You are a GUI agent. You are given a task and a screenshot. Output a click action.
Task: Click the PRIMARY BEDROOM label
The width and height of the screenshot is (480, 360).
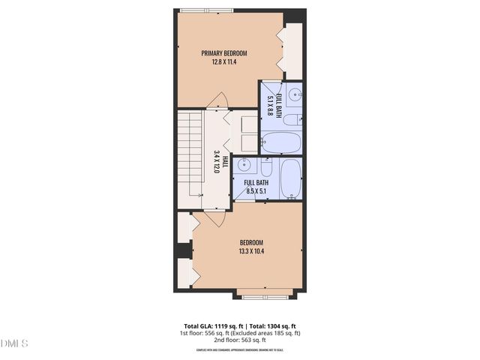(x=223, y=53)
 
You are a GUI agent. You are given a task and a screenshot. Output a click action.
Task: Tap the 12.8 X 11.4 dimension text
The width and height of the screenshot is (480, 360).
(x=223, y=63)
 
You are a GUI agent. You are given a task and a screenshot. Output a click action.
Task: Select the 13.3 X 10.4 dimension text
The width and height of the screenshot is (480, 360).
(x=251, y=251)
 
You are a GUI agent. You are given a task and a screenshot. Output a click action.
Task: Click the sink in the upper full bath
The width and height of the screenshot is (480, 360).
(x=295, y=94)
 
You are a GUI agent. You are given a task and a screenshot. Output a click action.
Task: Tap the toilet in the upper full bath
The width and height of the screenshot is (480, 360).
(x=295, y=119)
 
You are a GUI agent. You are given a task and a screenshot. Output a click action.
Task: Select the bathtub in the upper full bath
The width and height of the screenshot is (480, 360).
(x=281, y=141)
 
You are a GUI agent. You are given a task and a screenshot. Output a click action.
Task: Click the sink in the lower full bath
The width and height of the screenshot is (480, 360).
(x=244, y=167)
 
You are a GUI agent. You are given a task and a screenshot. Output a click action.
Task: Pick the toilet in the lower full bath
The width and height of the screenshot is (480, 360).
(x=266, y=166)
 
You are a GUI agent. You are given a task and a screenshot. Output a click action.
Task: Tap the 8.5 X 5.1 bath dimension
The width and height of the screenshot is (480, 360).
(x=257, y=191)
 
